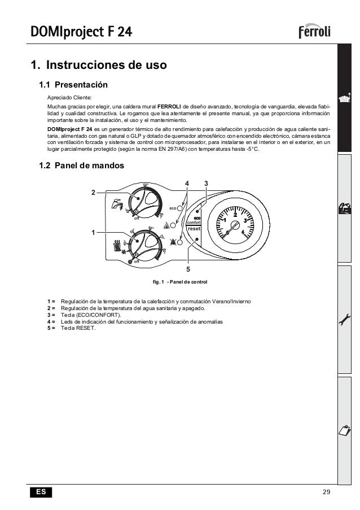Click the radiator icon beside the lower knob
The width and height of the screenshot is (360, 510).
[x=118, y=245]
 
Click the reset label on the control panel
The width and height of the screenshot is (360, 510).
[x=194, y=230]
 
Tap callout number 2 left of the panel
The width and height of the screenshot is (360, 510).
[x=94, y=192]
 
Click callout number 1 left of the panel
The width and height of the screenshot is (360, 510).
[x=94, y=232]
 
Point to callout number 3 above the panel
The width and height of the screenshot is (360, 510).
[x=206, y=183]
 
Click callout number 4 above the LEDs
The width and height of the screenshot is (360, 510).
[x=188, y=183]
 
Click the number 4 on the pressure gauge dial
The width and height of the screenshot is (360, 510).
[x=243, y=232]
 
